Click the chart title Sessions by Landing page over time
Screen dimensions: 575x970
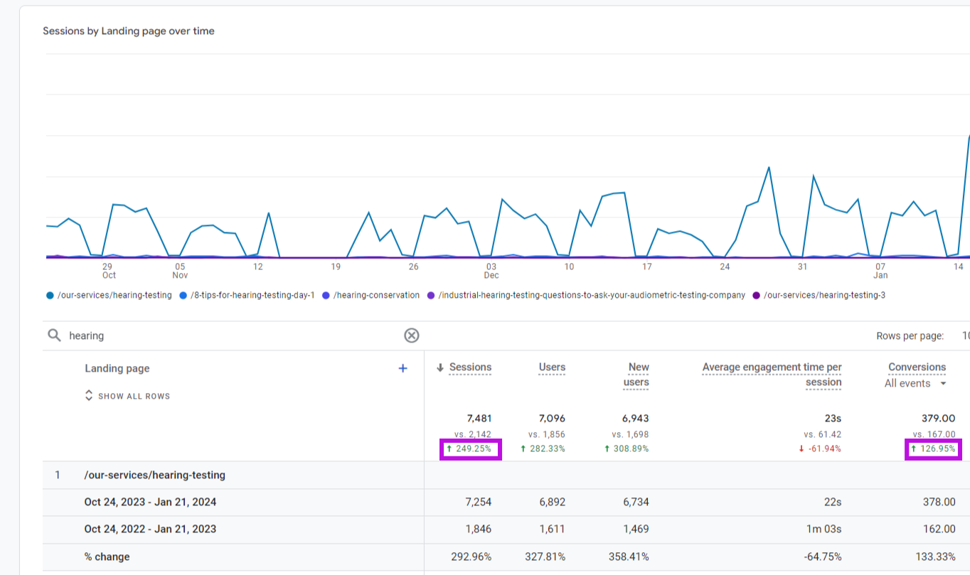pos(129,31)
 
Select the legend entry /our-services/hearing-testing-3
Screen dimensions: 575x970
pos(824,295)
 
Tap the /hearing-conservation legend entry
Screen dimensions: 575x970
pos(375,295)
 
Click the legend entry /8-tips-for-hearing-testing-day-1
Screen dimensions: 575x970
pos(252,295)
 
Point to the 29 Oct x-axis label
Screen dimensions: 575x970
pos(108,271)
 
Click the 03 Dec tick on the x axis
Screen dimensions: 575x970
pos(491,271)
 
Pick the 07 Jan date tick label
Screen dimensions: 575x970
pos(880,271)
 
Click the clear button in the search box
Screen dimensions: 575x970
pos(412,335)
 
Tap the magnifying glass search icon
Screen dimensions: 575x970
pos(54,335)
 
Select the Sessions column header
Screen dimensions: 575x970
pos(470,367)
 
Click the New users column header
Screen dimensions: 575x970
pos(637,375)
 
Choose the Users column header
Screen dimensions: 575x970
pos(552,367)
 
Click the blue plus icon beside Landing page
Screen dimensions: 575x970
pos(403,368)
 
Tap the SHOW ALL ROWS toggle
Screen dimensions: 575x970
pos(128,396)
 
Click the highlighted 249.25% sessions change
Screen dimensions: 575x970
pos(471,449)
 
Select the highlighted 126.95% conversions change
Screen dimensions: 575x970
pos(933,449)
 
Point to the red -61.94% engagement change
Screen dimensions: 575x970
pos(819,449)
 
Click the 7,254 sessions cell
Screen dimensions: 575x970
pos(476,502)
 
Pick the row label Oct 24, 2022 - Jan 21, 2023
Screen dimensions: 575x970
pos(150,529)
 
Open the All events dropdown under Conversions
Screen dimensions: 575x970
pos(916,384)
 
